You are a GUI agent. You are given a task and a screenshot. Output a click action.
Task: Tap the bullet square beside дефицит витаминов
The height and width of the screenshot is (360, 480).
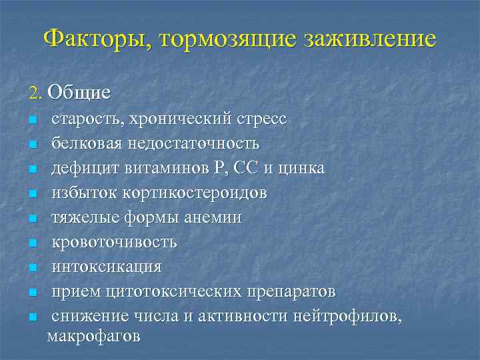(x=32, y=169)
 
